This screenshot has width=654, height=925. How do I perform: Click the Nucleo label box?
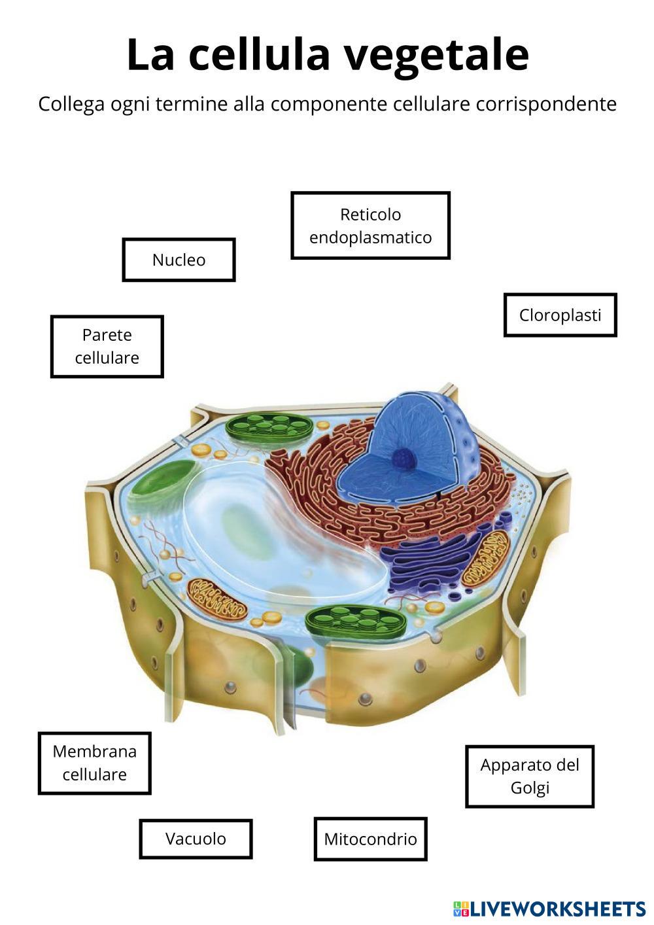click(179, 260)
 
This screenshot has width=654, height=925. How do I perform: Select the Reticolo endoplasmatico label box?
click(370, 226)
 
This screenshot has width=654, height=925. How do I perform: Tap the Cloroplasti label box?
click(560, 315)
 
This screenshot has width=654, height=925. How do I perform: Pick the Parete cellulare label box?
click(107, 347)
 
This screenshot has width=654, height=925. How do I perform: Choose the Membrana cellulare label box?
click(94, 763)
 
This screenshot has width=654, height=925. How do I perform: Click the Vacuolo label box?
click(196, 839)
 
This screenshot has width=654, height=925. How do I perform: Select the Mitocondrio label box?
click(370, 839)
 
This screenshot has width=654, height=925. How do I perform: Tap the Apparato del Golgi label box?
click(530, 776)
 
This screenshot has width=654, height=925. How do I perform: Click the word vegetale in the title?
click(436, 55)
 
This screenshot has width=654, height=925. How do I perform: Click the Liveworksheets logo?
click(549, 908)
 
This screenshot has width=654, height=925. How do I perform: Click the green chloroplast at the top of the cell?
click(268, 430)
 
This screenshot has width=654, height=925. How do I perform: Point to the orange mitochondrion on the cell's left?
click(216, 599)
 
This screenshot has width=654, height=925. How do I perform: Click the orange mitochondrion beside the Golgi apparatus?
click(485, 557)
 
